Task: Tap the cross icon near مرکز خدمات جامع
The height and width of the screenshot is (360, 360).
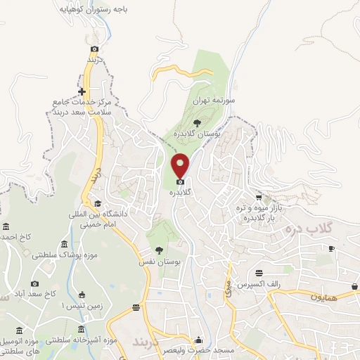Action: coord(82,91)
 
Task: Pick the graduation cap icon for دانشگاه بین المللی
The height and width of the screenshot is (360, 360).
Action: coord(98,204)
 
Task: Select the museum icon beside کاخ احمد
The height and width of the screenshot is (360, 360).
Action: coord(7,226)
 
